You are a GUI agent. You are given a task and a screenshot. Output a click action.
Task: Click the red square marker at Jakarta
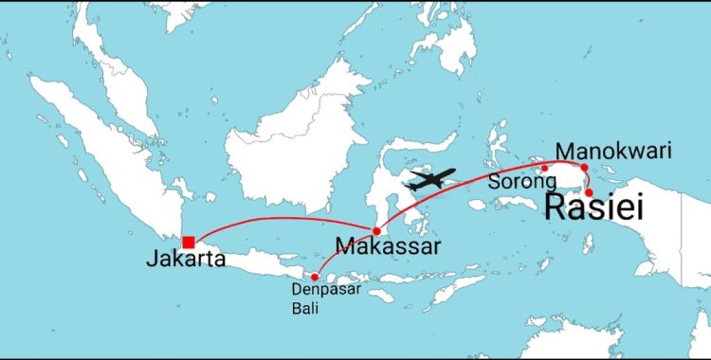(x=189, y=242)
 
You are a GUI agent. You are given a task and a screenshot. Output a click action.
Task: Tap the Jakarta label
(x=186, y=259)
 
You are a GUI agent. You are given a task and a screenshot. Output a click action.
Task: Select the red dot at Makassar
(x=376, y=231)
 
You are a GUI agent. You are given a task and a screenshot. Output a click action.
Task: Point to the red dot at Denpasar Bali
(x=314, y=277)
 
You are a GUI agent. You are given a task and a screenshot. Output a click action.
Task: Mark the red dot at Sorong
(x=545, y=169)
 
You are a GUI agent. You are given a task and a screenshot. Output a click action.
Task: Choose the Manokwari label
(x=613, y=151)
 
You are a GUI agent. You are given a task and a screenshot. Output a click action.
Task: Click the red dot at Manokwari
(x=584, y=168)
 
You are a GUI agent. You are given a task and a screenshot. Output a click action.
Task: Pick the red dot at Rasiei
(x=589, y=192)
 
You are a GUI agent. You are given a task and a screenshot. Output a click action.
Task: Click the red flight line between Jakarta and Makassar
(x=284, y=218)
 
